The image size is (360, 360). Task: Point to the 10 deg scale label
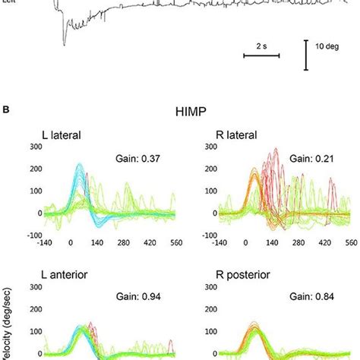(x=329, y=46)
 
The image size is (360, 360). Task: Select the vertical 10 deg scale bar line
(x=306, y=55)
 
